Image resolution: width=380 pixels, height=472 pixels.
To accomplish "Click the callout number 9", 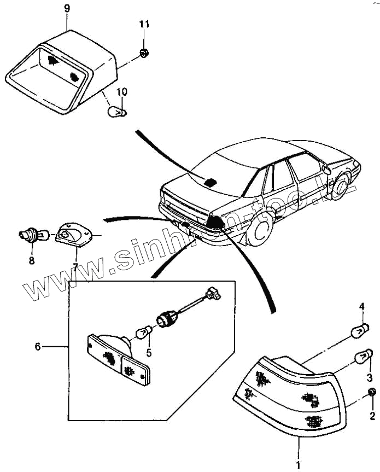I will (67, 9).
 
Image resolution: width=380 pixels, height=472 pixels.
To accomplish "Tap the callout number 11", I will (144, 25).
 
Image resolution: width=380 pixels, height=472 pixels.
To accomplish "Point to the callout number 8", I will (31, 260).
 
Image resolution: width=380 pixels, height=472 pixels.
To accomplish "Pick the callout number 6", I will (38, 347).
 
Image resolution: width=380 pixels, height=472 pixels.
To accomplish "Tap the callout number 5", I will (148, 353).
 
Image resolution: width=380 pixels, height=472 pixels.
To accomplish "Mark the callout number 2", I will (372, 416).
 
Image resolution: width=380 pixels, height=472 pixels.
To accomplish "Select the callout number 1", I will (299, 465).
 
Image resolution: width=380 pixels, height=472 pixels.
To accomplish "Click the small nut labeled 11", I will (143, 53).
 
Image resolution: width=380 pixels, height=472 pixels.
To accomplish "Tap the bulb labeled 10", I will (117, 112).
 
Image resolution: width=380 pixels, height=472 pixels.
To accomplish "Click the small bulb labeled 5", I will (143, 332).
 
